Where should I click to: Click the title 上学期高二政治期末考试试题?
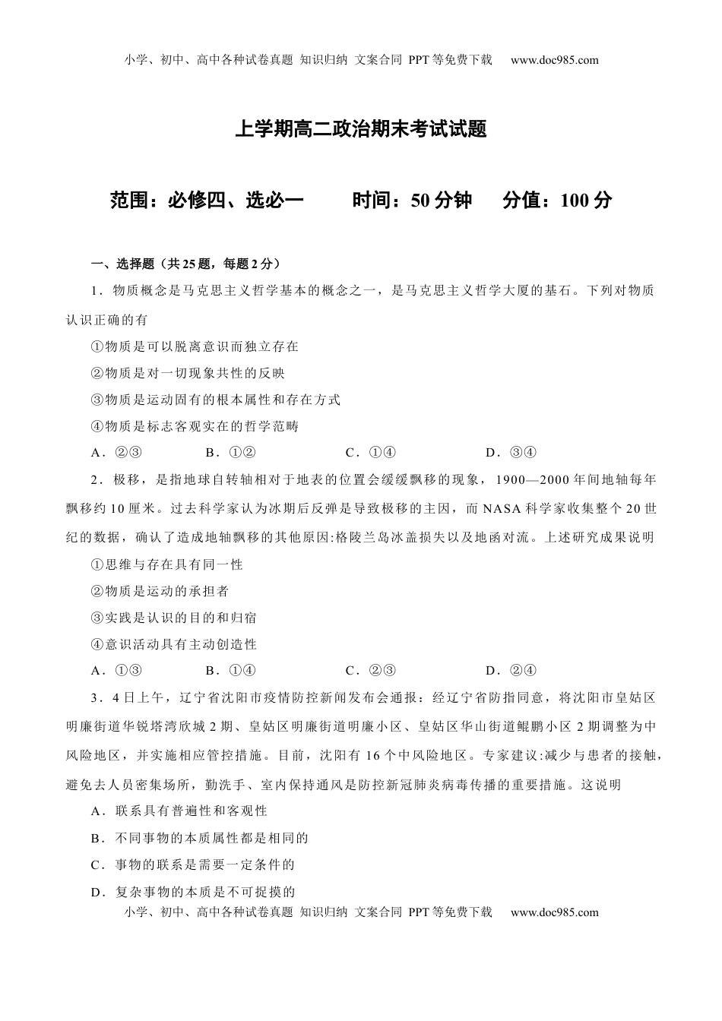click(x=360, y=129)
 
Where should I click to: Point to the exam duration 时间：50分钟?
click(x=412, y=201)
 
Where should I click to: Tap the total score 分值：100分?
click(x=557, y=201)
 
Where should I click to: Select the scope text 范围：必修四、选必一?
click(x=207, y=201)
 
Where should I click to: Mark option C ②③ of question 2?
click(x=371, y=670)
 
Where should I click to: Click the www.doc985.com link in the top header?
click(x=554, y=61)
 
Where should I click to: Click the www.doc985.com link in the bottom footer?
click(x=554, y=912)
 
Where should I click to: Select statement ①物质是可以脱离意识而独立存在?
click(x=195, y=346)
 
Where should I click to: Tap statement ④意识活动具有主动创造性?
click(x=174, y=644)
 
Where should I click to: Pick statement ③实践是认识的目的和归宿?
click(x=174, y=618)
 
